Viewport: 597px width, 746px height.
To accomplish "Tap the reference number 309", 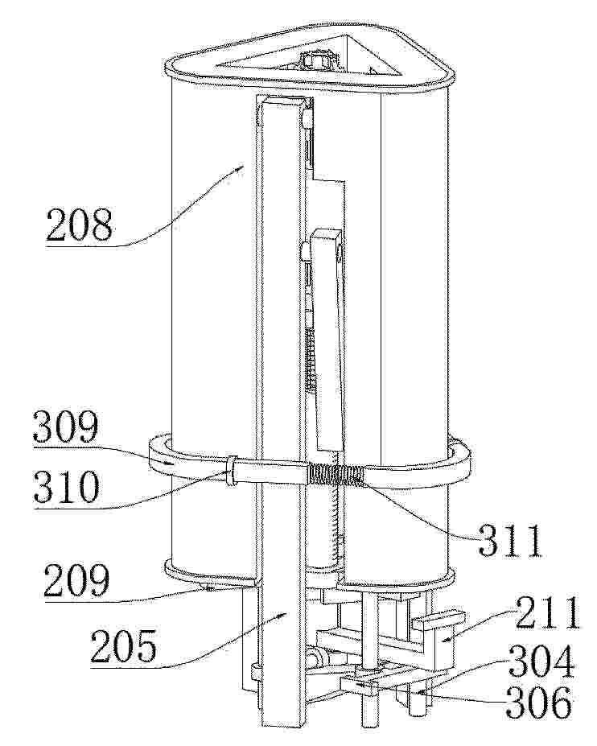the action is [x=66, y=427].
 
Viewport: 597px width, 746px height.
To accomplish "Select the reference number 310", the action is [x=67, y=488].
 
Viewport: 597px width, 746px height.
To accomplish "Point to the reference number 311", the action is [x=510, y=541].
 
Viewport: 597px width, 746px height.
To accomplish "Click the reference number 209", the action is [x=77, y=581].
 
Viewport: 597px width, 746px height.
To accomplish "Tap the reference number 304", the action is [x=541, y=662].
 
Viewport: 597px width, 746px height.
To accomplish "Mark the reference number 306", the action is [x=539, y=703].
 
